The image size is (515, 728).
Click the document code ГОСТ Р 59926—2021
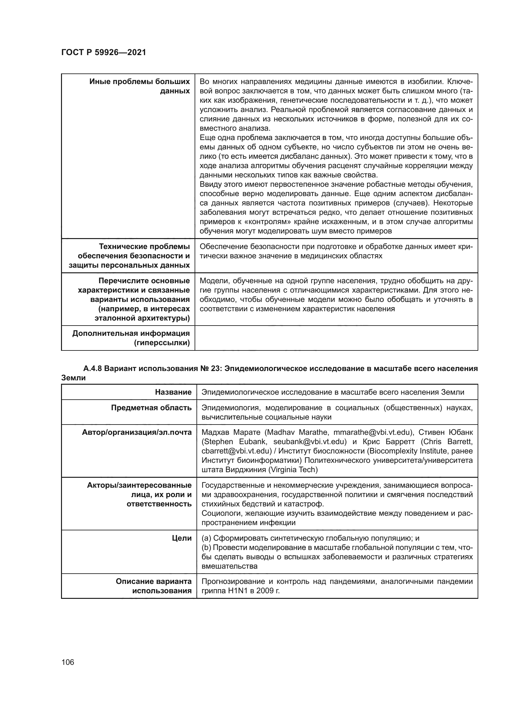tap(103, 52)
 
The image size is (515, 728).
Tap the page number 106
tap(68, 662)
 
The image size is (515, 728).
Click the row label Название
tap(173, 392)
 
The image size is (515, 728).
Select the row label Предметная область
tap(151, 408)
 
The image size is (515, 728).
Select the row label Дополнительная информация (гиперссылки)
tap(131, 338)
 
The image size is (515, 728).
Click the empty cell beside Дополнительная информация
tap(336, 338)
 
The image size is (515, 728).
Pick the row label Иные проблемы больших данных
tap(139, 86)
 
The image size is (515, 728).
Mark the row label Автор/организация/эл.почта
tap(137, 433)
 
